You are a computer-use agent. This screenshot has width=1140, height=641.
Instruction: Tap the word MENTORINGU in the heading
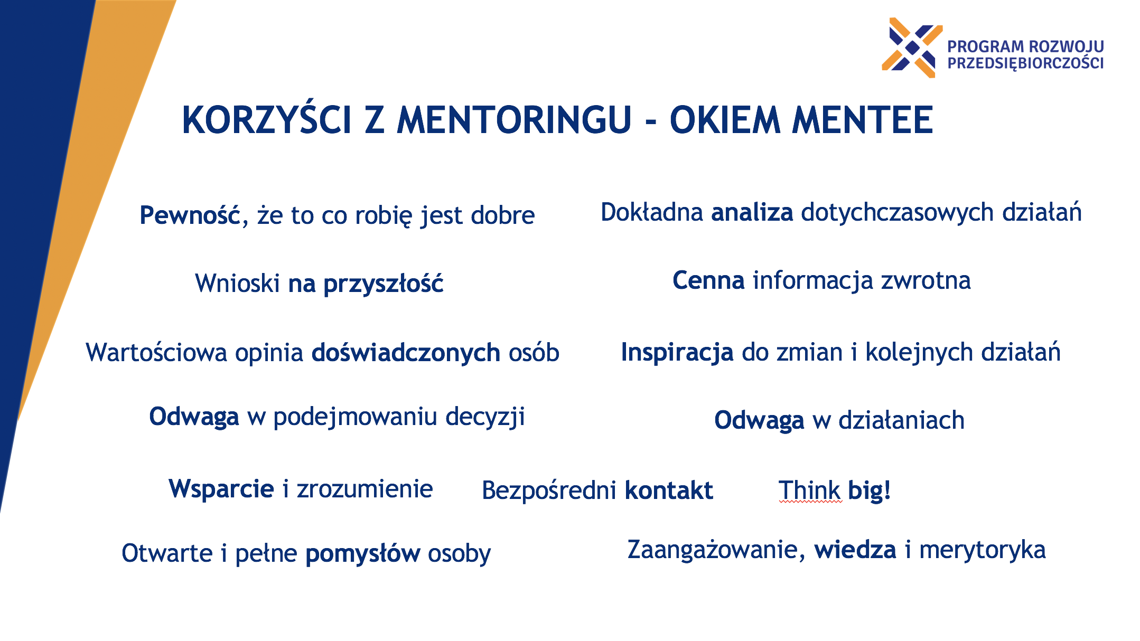tap(514, 120)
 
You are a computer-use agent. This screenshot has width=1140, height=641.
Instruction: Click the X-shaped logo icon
tap(912, 48)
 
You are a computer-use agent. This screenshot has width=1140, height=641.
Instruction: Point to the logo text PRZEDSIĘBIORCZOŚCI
tap(1025, 63)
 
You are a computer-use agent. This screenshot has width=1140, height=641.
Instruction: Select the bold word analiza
tap(752, 212)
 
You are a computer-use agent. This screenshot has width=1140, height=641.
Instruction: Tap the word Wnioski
tap(237, 283)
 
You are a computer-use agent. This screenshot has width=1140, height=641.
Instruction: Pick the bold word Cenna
tap(708, 280)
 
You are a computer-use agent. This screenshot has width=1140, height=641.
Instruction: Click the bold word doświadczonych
tap(406, 352)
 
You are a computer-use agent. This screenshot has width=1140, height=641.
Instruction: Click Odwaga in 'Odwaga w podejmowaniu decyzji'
tap(194, 417)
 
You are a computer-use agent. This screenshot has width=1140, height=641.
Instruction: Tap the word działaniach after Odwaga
tap(901, 421)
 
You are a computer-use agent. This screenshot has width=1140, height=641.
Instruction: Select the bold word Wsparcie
tap(221, 489)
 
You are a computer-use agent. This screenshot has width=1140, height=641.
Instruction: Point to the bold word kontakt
tap(669, 491)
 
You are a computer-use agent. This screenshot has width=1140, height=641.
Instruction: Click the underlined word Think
tap(809, 490)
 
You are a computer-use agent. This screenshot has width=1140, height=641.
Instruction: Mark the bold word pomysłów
tap(363, 554)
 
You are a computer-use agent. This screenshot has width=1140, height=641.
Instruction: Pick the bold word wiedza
tap(855, 550)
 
